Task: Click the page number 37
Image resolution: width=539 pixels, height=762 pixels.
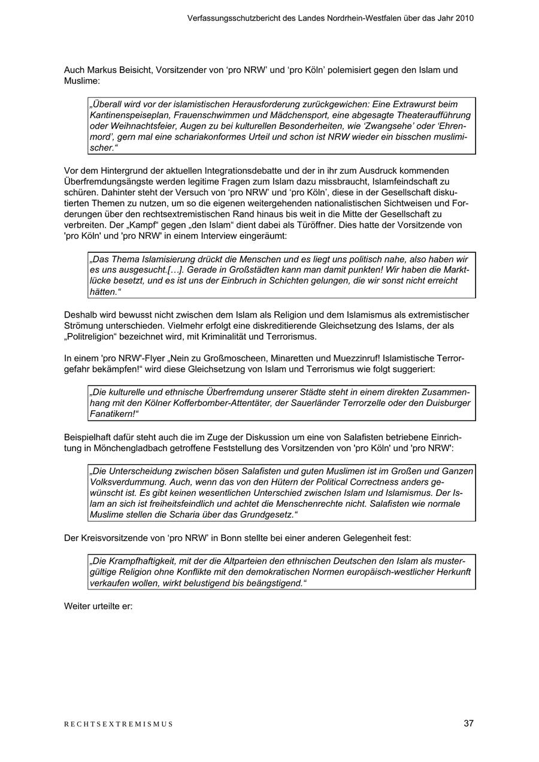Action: coord(468,723)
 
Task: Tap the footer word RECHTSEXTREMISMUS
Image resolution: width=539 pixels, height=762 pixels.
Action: coord(119,724)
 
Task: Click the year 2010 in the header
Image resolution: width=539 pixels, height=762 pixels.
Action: coord(464,18)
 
